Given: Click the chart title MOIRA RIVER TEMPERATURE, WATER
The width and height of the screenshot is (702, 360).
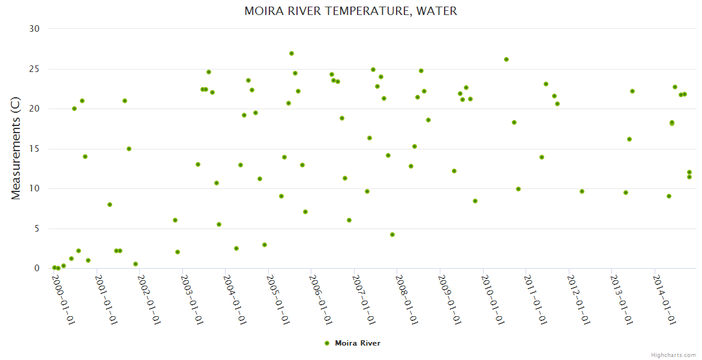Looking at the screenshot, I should point(350,11).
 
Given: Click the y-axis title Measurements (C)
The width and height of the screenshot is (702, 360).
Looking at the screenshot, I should point(16,148).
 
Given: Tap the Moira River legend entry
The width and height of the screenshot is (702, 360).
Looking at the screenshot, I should point(352,343).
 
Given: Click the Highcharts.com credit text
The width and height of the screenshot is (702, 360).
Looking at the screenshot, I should point(673,355).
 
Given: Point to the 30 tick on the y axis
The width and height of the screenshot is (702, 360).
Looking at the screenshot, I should point(34,29).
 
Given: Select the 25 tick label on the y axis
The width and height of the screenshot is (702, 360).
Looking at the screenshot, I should point(34,69).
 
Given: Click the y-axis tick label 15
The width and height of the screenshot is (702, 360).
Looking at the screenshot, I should point(34,149).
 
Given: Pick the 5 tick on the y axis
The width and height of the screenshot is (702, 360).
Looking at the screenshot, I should point(37,229).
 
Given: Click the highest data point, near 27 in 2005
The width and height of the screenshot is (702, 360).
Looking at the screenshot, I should point(292,53).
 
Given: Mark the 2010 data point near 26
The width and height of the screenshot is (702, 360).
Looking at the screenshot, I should point(506,59).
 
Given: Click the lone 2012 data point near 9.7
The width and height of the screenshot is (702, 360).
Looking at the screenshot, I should point(582,191).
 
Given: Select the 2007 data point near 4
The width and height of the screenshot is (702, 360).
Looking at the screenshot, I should point(392,235).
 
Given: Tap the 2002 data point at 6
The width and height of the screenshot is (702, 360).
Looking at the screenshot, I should point(175,220).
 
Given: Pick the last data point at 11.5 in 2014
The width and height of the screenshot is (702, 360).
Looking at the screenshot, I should point(689,177).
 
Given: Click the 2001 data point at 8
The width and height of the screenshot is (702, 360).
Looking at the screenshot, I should point(110,205).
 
